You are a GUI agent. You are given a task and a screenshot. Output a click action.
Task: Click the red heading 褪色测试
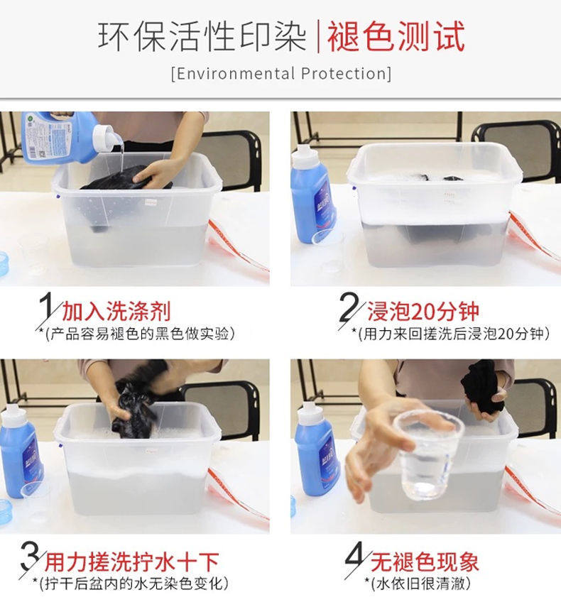click(396, 36)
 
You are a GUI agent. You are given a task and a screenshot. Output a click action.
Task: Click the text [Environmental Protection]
click(281, 73)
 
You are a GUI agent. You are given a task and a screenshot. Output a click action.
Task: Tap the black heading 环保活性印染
click(202, 36)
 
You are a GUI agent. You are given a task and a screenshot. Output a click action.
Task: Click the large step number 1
click(46, 306)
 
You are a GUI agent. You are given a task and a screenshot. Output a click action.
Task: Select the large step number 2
click(348, 307)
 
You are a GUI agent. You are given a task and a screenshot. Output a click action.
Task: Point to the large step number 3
click(31, 556)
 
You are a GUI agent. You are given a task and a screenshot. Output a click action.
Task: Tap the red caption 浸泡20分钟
click(423, 311)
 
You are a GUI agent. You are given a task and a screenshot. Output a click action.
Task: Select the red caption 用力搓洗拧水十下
click(131, 562)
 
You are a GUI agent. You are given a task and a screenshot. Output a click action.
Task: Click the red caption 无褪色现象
click(425, 562)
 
